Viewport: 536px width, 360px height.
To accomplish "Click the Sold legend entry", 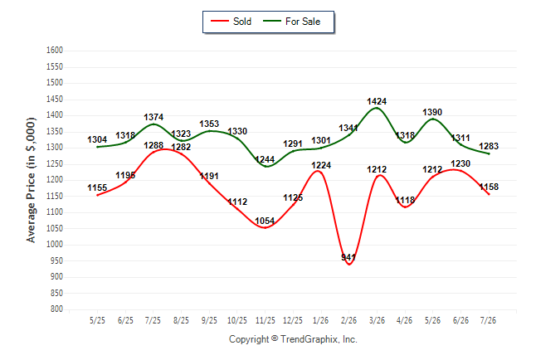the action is tap(231, 22).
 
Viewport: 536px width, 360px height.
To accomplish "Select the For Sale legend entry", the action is tap(291, 22).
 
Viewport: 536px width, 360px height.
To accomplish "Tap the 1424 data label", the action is tap(377, 101).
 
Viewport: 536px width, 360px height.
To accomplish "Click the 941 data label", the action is tap(348, 257).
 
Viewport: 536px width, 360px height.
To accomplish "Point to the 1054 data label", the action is tap(265, 221).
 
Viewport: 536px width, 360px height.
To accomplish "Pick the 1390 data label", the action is tap(432, 112).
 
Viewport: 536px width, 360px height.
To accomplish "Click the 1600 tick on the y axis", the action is tap(55, 51).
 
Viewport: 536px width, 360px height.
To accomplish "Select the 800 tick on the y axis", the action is tap(56, 309).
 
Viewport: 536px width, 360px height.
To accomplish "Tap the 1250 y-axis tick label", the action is tap(55, 164).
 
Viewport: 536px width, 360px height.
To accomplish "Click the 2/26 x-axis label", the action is tap(348, 321).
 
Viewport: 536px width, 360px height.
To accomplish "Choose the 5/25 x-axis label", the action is tap(97, 321).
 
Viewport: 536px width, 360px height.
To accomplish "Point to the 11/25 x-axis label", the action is tap(266, 321).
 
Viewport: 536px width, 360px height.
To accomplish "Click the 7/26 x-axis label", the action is tap(488, 321).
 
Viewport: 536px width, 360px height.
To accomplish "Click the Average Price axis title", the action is tap(31, 180).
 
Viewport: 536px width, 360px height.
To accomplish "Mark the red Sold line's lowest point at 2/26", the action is tap(349, 265).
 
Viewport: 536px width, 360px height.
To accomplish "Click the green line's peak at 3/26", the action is tap(377, 108).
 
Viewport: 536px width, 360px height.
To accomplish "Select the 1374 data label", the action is tap(153, 117).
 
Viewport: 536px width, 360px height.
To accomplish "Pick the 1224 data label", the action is tap(321, 165).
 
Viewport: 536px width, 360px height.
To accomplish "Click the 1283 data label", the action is tap(489, 146).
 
